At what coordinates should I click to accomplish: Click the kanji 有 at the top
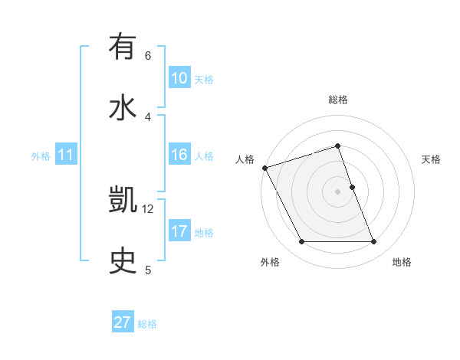tap(123, 47)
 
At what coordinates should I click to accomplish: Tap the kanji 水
tap(123, 108)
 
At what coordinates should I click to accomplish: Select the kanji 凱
tap(123, 201)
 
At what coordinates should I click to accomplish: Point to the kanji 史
tap(123, 261)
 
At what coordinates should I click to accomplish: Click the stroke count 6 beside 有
tap(148, 55)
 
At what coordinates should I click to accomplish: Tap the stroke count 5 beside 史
tap(148, 269)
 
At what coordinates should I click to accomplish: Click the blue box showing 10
tap(179, 78)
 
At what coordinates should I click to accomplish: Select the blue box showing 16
tap(179, 155)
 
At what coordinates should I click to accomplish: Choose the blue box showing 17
tap(179, 231)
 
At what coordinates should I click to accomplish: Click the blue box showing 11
tap(65, 155)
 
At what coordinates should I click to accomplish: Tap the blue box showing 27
tap(122, 322)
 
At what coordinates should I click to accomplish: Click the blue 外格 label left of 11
tap(41, 155)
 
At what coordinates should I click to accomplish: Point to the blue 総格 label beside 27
tap(147, 324)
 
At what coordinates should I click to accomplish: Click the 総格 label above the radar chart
tap(338, 100)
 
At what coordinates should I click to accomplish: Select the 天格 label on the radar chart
tap(432, 159)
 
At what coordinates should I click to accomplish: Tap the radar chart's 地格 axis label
tap(402, 262)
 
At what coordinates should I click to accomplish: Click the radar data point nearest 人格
tap(264, 168)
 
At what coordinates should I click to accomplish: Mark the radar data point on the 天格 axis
tap(352, 187)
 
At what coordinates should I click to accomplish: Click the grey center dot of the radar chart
tap(338, 191)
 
